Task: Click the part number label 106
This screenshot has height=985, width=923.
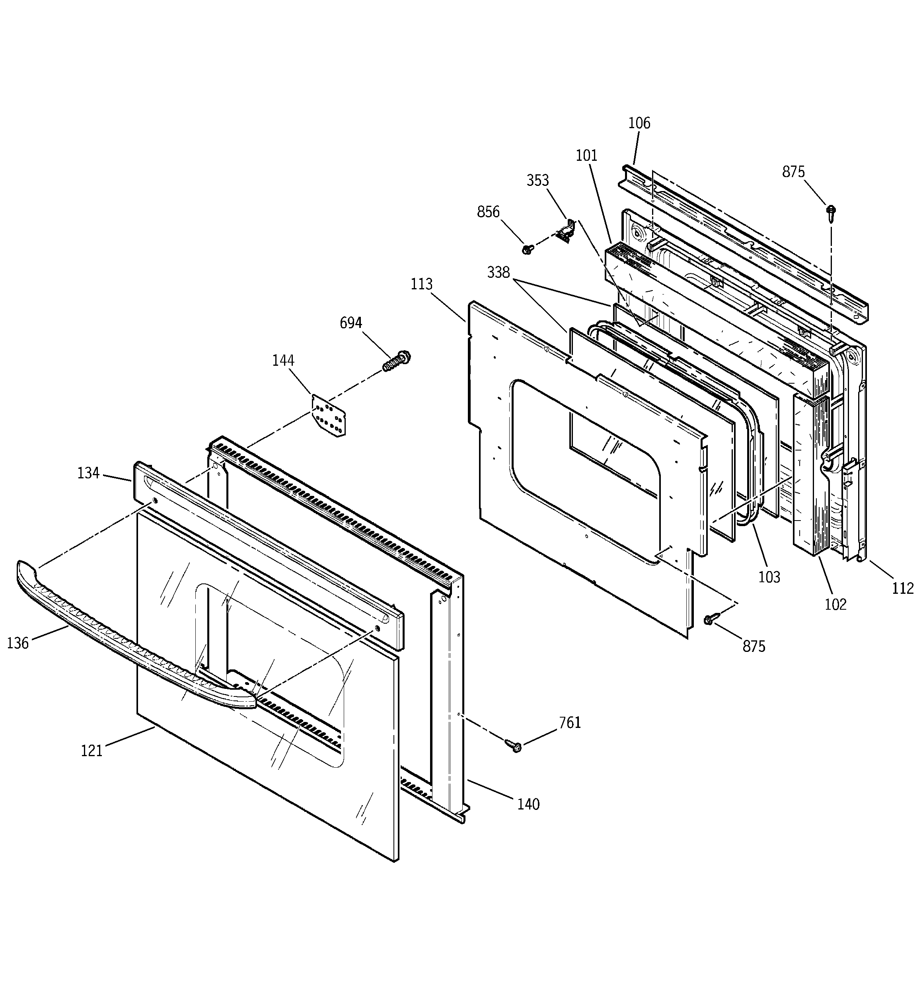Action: (x=639, y=123)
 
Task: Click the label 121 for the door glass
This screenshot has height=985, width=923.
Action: (x=92, y=751)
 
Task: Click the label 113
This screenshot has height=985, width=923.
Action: (x=422, y=285)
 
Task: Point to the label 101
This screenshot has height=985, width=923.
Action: (x=586, y=156)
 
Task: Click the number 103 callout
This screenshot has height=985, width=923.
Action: (x=769, y=577)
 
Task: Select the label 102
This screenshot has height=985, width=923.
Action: (x=836, y=605)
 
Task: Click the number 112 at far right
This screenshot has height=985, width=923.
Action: (x=903, y=589)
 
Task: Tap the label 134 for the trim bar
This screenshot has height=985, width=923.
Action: (x=88, y=474)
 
